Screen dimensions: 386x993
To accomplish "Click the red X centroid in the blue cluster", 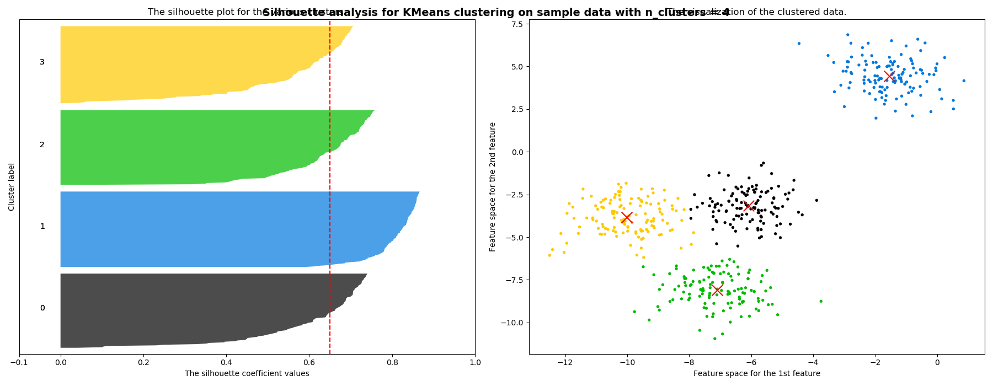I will [889, 76].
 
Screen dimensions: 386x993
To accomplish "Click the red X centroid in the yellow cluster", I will [627, 217].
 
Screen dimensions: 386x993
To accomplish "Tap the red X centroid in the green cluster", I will [717, 290].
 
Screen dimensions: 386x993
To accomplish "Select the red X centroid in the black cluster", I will [749, 206].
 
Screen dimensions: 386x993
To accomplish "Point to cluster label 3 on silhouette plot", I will [42, 62].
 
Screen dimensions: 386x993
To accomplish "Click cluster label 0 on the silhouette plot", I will [42, 308].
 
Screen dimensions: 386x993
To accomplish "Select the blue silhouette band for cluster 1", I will [221, 229].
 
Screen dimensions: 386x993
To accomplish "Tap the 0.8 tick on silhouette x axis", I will [392, 363].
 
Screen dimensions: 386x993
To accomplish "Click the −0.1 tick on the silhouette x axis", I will [19, 363].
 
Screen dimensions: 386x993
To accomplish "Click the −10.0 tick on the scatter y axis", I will [513, 323].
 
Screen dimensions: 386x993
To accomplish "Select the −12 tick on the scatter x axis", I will [565, 362].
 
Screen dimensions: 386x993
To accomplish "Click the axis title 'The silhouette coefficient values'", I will [247, 374].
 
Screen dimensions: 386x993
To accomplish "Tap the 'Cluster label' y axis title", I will [12, 186].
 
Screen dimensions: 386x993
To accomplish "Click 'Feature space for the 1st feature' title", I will [756, 374].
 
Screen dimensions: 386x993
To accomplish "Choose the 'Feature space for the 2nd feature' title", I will [493, 186].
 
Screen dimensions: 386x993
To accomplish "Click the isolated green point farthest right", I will [821, 301].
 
